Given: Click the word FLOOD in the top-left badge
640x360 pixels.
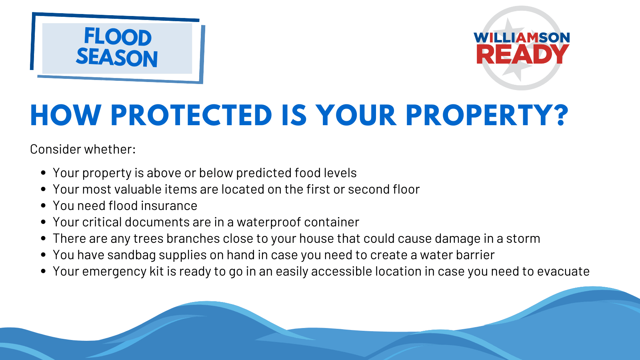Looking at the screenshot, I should [x=118, y=37].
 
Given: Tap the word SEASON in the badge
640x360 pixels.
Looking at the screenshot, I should [x=117, y=58].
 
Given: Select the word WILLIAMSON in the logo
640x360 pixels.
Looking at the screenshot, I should [x=522, y=38].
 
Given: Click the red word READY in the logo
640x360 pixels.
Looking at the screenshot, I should [x=522, y=54].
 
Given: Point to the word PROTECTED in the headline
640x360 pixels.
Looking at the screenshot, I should [x=191, y=116].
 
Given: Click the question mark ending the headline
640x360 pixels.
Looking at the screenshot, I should [x=562, y=116].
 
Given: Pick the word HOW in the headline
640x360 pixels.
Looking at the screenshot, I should [x=66, y=116].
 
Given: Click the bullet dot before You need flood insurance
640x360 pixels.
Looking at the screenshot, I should [x=44, y=206].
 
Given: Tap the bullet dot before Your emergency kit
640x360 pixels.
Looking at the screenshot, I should [x=44, y=271].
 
